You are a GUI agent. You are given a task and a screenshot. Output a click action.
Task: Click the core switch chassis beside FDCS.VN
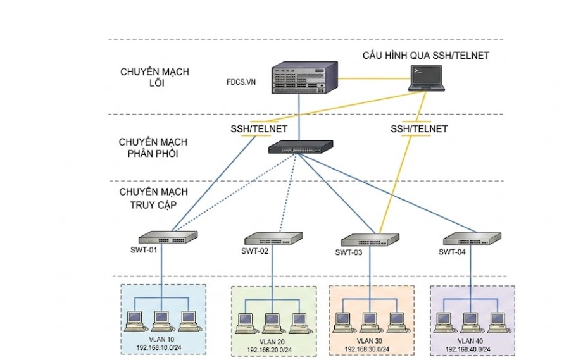tap(304, 78)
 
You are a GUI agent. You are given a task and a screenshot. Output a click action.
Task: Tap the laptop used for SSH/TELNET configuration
tap(427, 78)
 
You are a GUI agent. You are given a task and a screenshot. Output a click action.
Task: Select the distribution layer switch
tap(301, 147)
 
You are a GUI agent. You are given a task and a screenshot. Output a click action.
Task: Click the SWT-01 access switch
tap(168, 237)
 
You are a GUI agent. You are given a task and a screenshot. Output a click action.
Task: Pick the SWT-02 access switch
tap(273, 239)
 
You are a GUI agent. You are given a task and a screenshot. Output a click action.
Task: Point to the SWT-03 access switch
tap(370, 240)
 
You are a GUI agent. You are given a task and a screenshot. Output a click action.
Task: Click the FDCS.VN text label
tap(241, 82)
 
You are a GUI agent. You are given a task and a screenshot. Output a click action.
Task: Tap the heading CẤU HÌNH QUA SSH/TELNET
tap(426, 56)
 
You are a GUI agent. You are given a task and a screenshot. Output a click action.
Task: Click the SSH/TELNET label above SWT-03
tap(419, 129)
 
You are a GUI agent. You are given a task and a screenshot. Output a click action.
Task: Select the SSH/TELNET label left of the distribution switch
tap(259, 129)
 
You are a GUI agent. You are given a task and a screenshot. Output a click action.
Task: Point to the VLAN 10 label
tap(161, 339)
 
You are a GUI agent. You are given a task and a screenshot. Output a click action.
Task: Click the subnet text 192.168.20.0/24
tap(269, 350)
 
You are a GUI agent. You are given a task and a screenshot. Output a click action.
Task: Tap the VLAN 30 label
tap(370, 341)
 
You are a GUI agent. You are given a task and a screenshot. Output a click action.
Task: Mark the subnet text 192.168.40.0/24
tap(468, 349)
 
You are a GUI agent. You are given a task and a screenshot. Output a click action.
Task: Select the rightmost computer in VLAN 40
tap(498, 323)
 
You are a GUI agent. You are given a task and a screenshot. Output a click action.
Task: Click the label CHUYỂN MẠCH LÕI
tap(154, 77)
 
